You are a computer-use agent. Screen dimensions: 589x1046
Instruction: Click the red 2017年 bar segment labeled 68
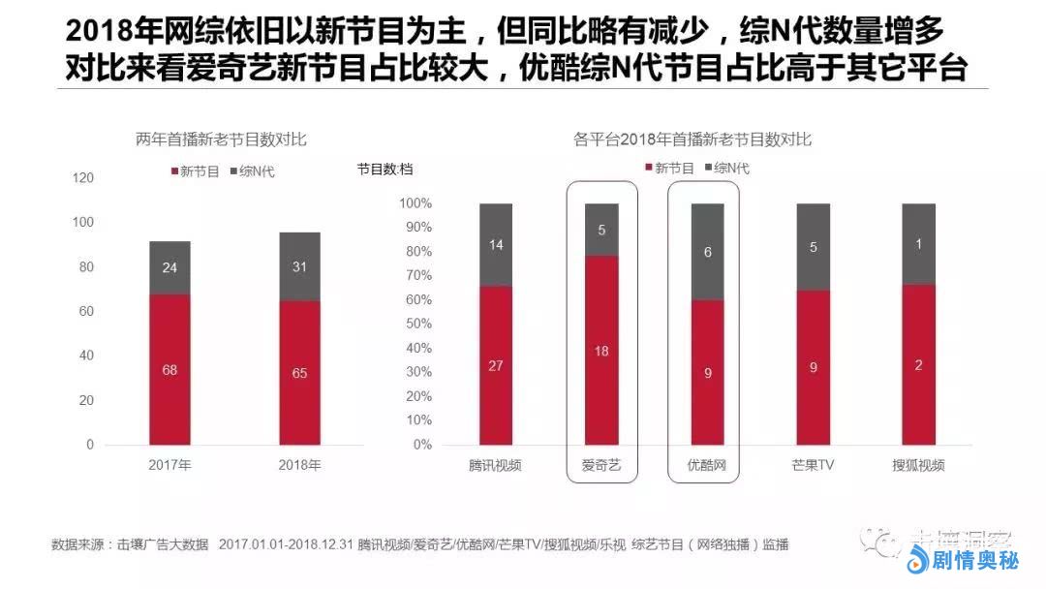point(169,369)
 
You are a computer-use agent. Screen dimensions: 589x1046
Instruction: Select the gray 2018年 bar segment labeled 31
point(299,266)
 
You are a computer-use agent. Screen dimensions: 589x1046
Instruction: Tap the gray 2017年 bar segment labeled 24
point(169,267)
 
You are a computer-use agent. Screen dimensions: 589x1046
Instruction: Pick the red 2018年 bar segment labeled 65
point(299,372)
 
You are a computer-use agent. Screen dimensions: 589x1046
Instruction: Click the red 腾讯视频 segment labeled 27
point(496,365)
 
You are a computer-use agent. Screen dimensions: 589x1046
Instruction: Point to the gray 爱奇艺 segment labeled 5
point(601,230)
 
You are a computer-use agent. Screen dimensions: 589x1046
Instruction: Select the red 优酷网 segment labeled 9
point(707,372)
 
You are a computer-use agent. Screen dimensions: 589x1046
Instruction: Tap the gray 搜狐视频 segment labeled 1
point(918,244)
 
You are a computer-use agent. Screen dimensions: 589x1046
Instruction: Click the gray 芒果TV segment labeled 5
point(813,247)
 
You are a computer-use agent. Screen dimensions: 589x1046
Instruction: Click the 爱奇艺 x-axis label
point(601,465)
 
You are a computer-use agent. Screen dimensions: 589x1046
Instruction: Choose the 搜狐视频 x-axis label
point(918,465)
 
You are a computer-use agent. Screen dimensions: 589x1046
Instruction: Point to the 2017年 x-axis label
point(169,465)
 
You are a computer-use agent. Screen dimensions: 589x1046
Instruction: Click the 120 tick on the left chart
point(83,178)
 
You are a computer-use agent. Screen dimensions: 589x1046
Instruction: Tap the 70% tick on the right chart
point(417,275)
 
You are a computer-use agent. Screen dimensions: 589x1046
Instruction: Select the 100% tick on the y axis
point(415,203)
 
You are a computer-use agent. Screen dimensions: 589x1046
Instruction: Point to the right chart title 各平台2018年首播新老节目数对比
point(692,140)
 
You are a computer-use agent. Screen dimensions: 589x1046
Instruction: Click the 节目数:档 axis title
point(385,170)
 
